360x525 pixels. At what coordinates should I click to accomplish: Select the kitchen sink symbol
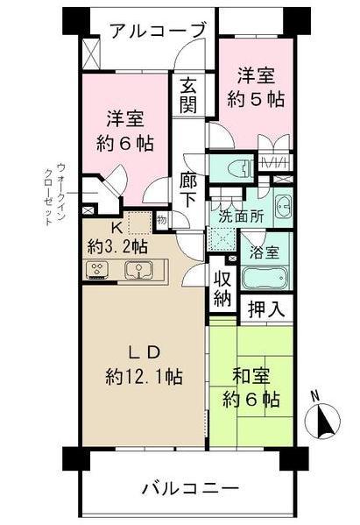(x=138, y=271)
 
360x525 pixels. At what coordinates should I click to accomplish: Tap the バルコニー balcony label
(x=189, y=487)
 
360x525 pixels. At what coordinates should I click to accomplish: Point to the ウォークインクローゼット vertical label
(x=54, y=195)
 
